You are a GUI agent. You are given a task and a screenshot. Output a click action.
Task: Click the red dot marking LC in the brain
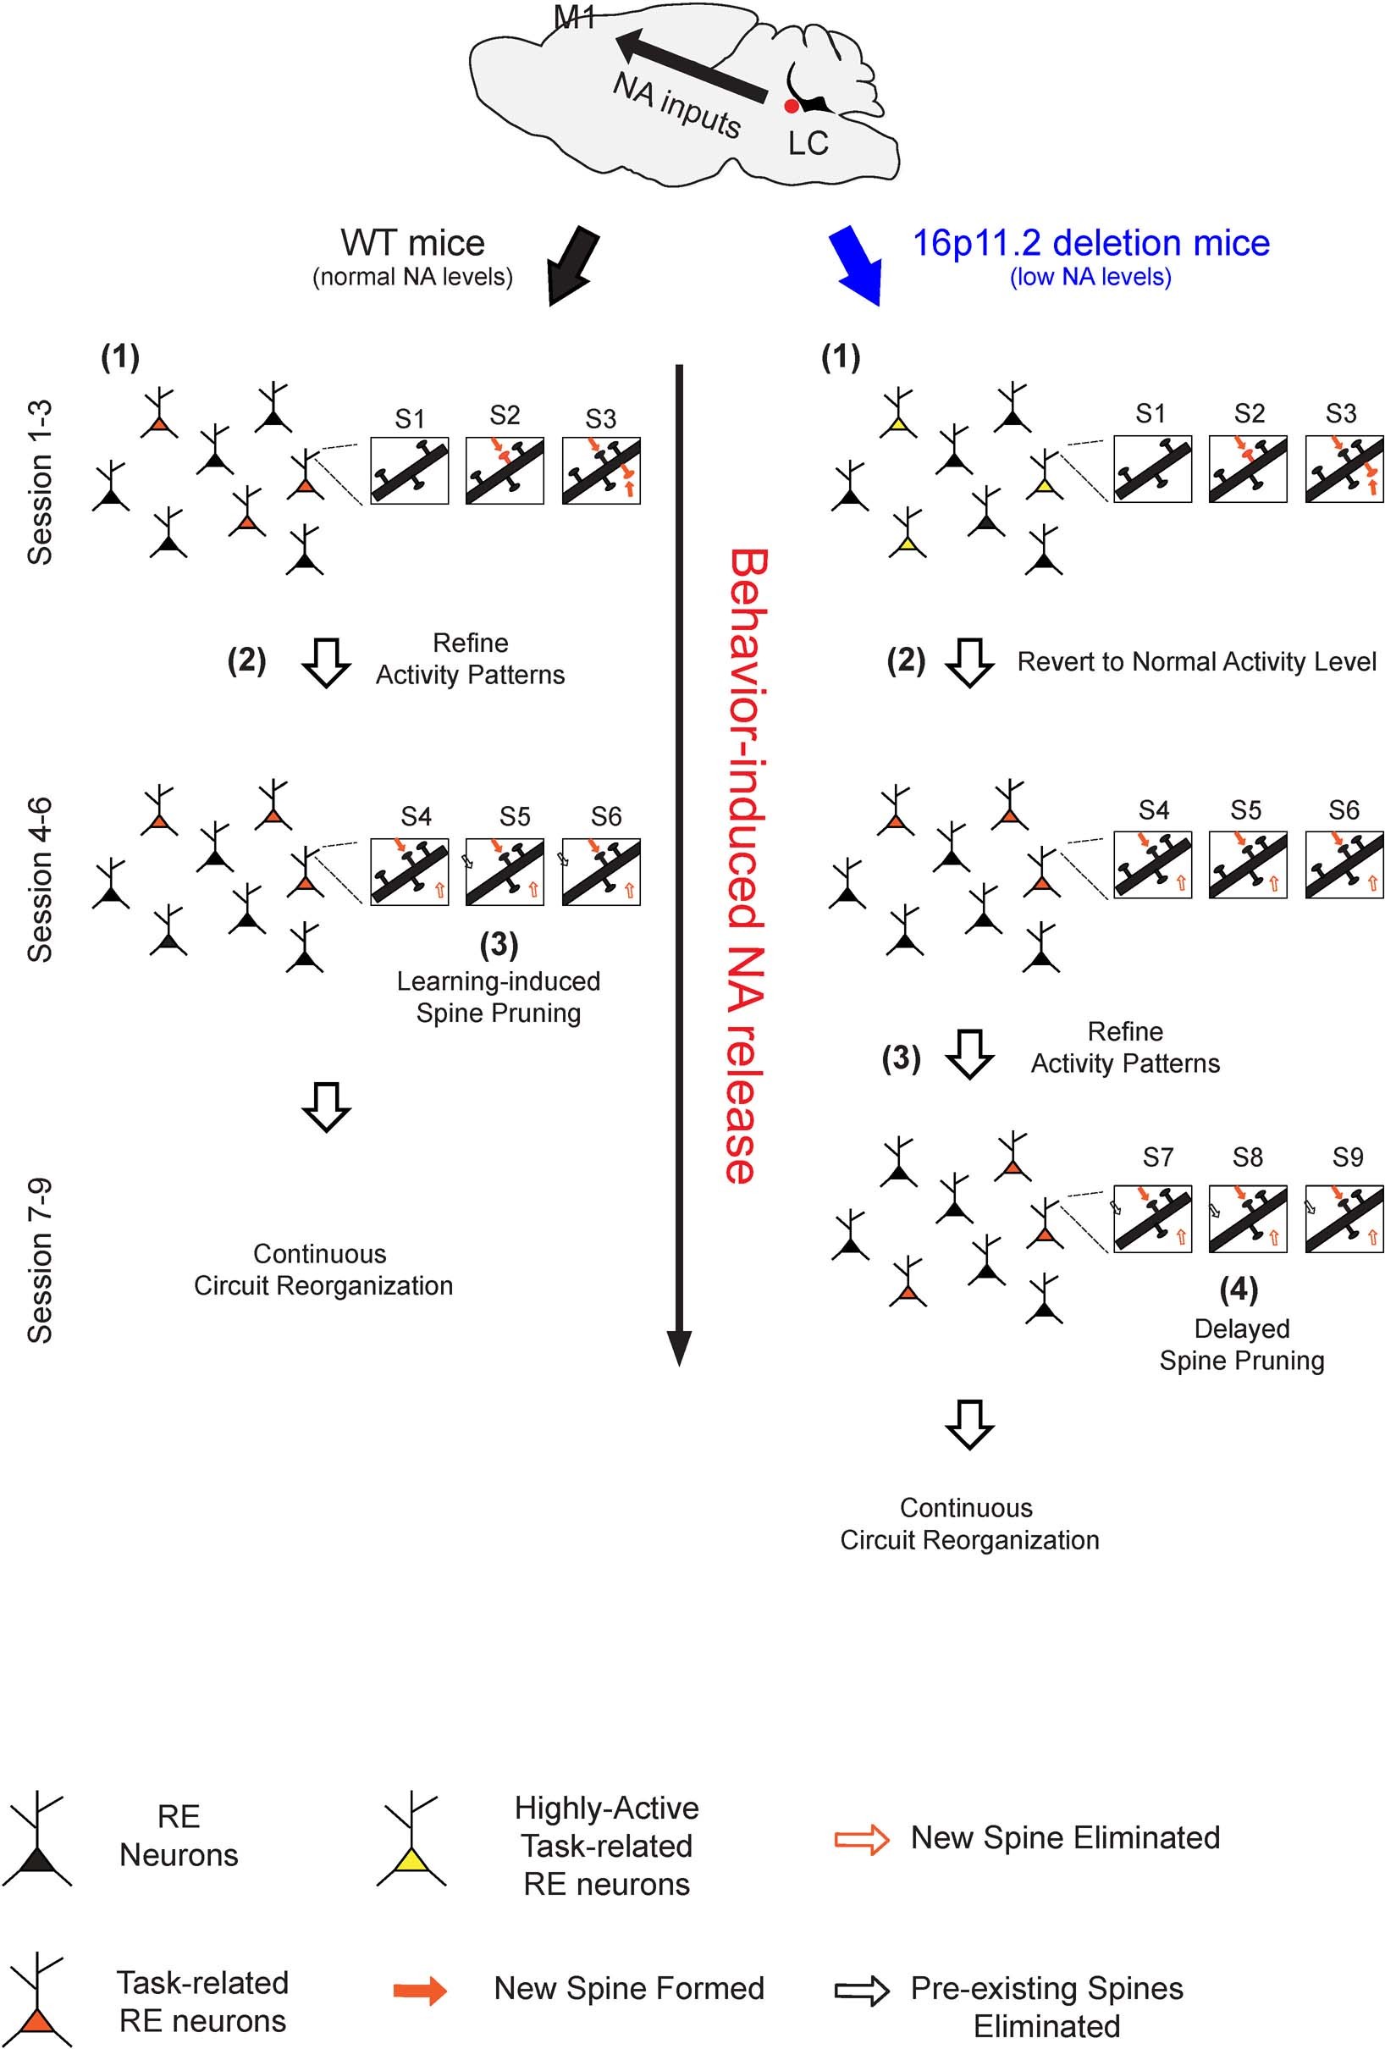(x=791, y=106)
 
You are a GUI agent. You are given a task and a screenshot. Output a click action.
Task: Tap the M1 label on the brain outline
(x=575, y=18)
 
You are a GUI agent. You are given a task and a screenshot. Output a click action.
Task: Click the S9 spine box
(x=1344, y=1218)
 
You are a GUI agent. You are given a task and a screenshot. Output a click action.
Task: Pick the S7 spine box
(x=1152, y=1218)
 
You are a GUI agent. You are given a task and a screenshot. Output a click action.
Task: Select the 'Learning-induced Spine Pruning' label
(x=498, y=997)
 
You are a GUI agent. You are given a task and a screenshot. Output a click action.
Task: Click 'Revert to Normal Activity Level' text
(x=1196, y=661)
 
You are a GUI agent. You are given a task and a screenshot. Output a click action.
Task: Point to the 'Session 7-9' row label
(x=40, y=1260)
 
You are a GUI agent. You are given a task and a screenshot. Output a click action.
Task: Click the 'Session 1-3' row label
(x=40, y=483)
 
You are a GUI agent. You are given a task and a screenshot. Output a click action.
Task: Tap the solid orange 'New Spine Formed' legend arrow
(x=420, y=1990)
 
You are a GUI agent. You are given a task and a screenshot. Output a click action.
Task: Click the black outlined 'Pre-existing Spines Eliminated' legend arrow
(x=861, y=1990)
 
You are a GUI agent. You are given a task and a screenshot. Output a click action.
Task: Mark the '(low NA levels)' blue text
(x=1090, y=277)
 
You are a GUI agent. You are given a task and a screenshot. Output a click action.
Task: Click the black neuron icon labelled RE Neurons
(x=36, y=1839)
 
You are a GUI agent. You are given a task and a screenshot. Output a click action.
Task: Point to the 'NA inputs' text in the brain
(x=677, y=105)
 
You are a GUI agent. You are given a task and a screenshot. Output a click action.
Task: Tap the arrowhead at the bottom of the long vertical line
(x=679, y=1346)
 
